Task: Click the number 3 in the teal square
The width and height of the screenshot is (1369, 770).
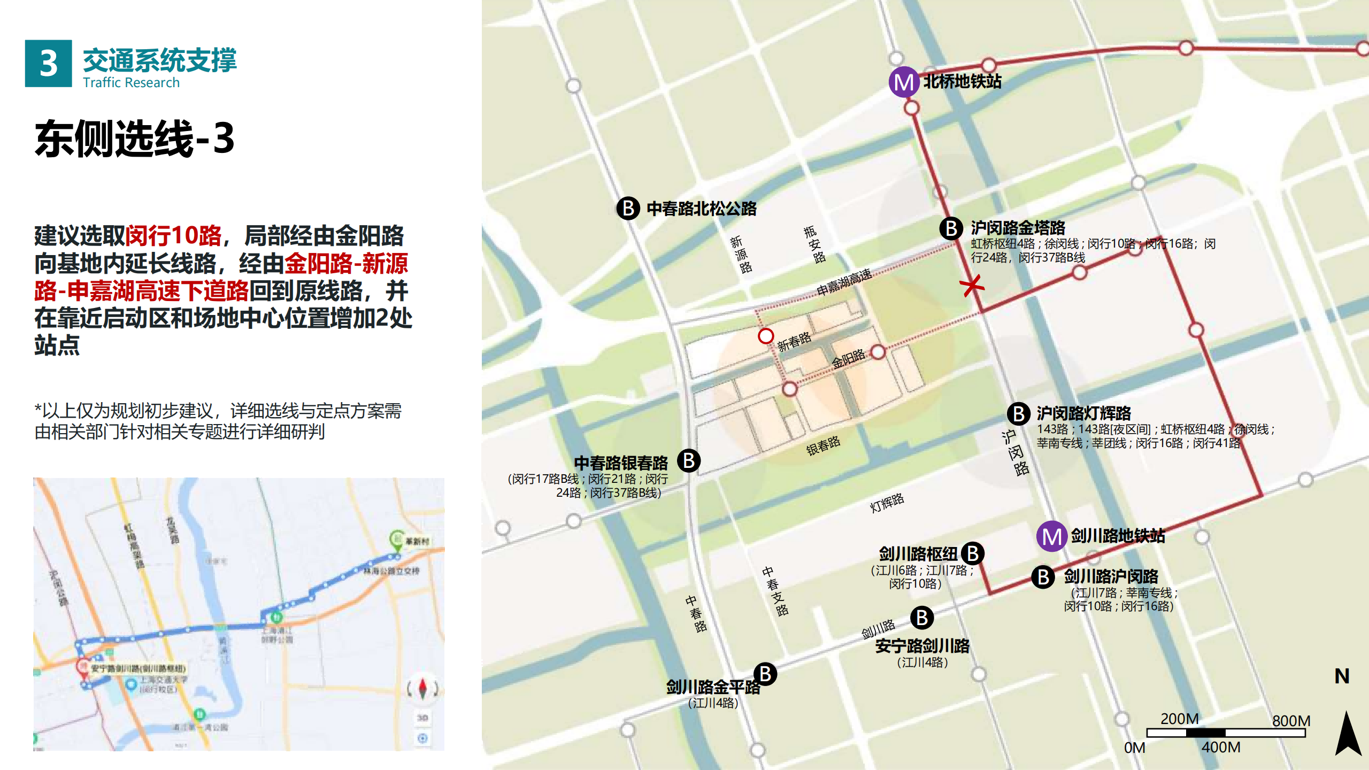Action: tap(48, 63)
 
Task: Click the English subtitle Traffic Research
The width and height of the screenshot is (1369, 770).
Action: tap(131, 83)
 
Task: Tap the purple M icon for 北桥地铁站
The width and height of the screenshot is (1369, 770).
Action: tap(903, 82)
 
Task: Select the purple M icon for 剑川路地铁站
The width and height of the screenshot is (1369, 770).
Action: tap(1051, 536)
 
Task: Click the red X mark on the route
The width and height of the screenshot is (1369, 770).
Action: tap(972, 285)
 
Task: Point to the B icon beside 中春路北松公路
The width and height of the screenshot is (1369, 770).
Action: tap(628, 208)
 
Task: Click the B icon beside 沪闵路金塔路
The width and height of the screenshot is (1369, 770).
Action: tap(951, 228)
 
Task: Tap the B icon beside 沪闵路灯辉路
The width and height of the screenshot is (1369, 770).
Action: tap(1019, 413)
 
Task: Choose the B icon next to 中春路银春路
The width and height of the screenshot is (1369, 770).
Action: tap(689, 460)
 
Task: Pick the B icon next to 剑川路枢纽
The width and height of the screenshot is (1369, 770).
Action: tap(973, 553)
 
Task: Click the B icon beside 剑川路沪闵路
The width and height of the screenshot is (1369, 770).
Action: tap(1043, 577)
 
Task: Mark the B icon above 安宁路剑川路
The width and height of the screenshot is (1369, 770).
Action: tap(922, 618)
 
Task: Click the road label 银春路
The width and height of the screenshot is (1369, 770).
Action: tap(823, 445)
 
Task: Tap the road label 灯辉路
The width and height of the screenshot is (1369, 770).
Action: tap(887, 503)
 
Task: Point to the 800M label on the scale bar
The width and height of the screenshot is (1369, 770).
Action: tap(1291, 721)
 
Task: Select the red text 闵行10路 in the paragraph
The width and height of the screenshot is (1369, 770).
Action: tap(173, 236)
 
